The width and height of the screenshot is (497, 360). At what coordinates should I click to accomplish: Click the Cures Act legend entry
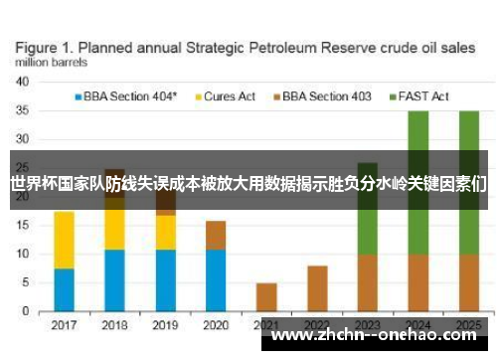(x=230, y=96)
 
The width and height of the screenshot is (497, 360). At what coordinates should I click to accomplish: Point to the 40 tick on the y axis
(x=21, y=83)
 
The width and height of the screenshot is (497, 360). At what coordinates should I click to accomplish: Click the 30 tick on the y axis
(x=21, y=140)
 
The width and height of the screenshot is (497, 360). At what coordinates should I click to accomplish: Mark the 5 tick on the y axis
(x=24, y=283)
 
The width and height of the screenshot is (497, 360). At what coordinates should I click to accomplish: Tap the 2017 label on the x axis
(x=64, y=325)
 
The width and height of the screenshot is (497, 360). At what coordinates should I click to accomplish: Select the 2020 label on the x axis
(x=216, y=325)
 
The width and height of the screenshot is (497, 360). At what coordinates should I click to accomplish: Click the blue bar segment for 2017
(x=64, y=290)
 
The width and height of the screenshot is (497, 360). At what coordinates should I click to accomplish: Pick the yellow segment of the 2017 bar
(x=64, y=240)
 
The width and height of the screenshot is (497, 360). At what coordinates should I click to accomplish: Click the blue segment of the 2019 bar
(x=165, y=280)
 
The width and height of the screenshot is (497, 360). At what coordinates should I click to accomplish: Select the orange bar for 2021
(x=266, y=297)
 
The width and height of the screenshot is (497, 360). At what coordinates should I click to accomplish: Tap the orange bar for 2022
(x=317, y=288)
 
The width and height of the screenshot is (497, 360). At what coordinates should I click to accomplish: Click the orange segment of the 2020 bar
(x=216, y=235)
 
